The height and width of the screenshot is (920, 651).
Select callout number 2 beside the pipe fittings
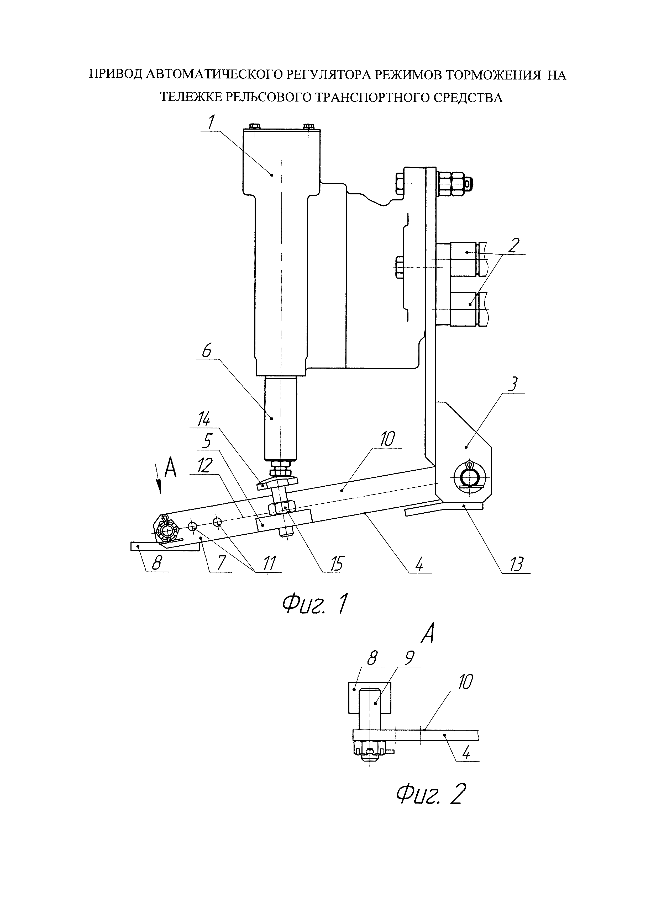pos(514,245)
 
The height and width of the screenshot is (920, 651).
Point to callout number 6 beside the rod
pos(206,352)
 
